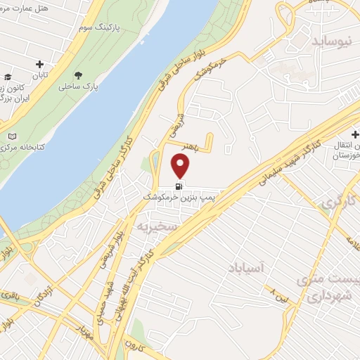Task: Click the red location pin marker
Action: (181, 166)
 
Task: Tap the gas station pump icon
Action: (180, 186)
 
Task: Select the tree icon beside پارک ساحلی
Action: (77, 75)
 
